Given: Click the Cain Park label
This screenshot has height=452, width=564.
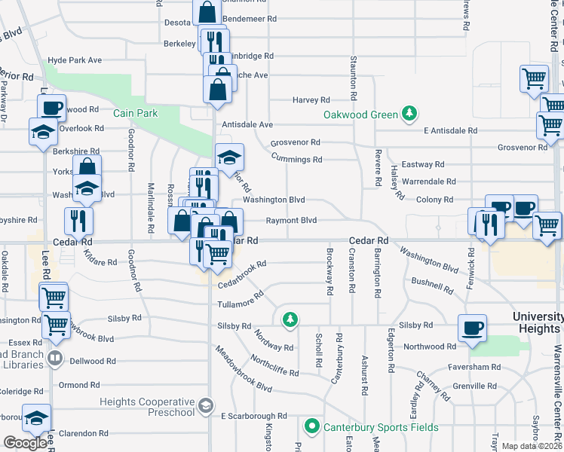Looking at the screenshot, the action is click(x=134, y=114).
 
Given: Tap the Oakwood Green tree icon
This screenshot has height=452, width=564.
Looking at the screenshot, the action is click(x=409, y=114).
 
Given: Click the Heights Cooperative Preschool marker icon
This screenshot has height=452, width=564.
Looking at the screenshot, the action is click(x=205, y=407).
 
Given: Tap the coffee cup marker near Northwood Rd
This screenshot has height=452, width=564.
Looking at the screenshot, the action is click(x=473, y=328).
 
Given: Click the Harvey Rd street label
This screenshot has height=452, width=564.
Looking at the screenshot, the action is click(x=311, y=100).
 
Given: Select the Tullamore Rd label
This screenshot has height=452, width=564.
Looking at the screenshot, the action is click(x=241, y=296).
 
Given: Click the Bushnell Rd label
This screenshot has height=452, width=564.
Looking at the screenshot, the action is click(x=432, y=282).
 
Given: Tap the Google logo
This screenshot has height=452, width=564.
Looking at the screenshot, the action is click(x=26, y=443).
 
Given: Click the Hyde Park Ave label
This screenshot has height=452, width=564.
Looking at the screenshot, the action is click(x=75, y=60).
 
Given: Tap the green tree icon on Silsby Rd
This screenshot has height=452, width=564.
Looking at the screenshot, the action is click(x=290, y=320).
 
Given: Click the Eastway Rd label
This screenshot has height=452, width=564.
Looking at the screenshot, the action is click(x=423, y=164).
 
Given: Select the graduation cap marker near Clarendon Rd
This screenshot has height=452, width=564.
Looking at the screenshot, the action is click(x=35, y=417).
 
